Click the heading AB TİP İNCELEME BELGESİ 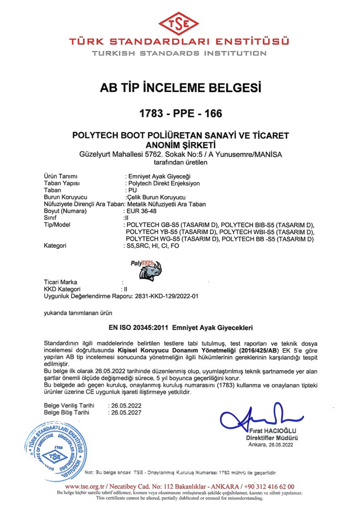point(180,88)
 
